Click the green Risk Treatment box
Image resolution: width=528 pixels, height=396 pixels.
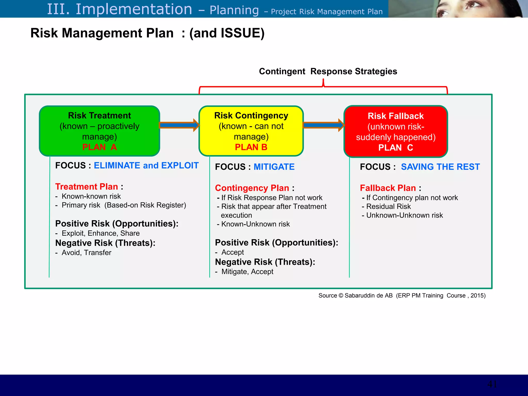100,131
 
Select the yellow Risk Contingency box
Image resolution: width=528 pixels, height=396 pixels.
251,131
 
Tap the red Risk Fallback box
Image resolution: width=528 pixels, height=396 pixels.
395,131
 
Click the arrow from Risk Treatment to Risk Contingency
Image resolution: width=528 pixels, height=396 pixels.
179,125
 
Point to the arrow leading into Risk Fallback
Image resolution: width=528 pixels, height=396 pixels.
323,125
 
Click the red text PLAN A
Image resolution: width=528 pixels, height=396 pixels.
100,147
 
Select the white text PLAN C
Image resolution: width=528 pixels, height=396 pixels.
395,148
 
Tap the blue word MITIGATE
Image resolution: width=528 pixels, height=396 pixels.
274,167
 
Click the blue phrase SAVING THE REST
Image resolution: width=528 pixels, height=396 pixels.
440,167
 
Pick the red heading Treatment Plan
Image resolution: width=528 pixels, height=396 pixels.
87,187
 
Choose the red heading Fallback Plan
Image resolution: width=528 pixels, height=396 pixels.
388,188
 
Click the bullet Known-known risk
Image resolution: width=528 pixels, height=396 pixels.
91,196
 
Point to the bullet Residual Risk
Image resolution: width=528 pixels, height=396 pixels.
388,207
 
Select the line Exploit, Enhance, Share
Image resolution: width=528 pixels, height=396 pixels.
101,233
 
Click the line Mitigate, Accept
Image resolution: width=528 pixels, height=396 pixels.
247,272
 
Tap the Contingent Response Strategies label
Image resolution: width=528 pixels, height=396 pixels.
328,71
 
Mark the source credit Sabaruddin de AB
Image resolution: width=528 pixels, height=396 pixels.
368,296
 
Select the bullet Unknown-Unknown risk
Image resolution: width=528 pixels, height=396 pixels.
404,215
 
